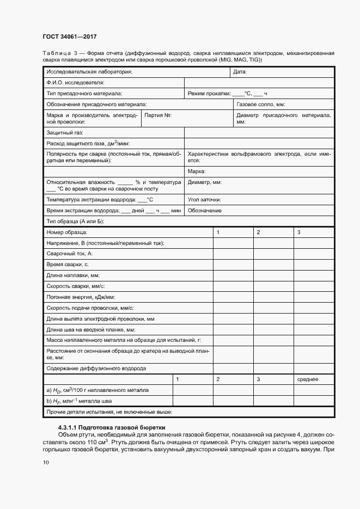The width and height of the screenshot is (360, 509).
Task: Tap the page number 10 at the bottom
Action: pyautogui.click(x=46, y=463)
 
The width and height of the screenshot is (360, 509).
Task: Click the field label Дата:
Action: pyautogui.click(x=240, y=72)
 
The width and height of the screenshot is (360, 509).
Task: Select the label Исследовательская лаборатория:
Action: pyautogui.click(x=89, y=72)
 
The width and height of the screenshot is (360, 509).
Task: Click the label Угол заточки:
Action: pyautogui.click(x=204, y=199)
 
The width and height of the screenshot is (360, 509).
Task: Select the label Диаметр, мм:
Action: pyautogui.click(x=204, y=182)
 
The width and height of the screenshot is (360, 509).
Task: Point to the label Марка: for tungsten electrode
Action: pyautogui.click(x=197, y=171)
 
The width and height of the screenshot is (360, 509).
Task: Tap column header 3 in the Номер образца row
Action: pyautogui.click(x=299, y=232)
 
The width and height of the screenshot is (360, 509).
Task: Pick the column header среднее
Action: pyautogui.click(x=308, y=379)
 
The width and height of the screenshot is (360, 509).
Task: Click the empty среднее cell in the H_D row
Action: pyautogui.click(x=314, y=390)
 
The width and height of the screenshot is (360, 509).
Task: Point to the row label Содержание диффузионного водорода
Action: pyautogui.click(x=96, y=369)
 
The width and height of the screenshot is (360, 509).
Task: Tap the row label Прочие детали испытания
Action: pyautogui.click(x=109, y=412)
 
